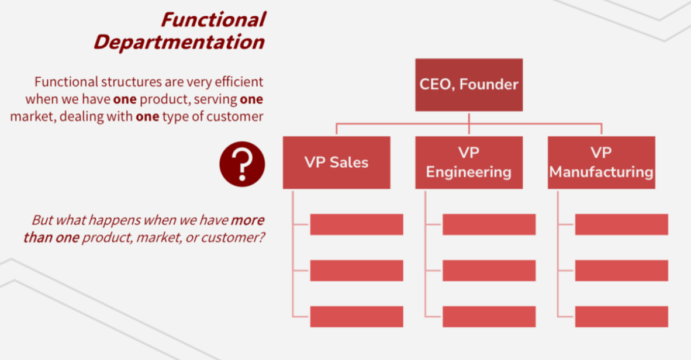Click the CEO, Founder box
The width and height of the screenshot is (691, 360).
[469, 85]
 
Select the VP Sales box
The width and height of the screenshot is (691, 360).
[336, 162]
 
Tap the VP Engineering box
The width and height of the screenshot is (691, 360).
[469, 162]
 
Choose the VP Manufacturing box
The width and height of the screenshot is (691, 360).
[601, 162]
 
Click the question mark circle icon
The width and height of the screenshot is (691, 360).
[242, 164]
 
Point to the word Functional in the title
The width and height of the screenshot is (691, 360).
[213, 20]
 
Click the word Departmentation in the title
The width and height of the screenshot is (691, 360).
[179, 42]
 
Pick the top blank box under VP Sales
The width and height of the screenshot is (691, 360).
[356, 224]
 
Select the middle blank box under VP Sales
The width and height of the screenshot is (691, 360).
[356, 271]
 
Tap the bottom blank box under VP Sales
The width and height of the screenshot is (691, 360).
[356, 316]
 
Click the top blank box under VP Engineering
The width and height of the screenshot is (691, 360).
[489, 224]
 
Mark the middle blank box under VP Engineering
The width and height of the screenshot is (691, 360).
[489, 271]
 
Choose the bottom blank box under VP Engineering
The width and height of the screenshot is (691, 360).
[489, 316]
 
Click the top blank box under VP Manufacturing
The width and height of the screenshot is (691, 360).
[621, 224]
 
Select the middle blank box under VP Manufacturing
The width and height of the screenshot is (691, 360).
[621, 271]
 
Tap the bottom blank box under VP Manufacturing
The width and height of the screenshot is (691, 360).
[621, 316]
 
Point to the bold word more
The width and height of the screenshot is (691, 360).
[247, 221]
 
